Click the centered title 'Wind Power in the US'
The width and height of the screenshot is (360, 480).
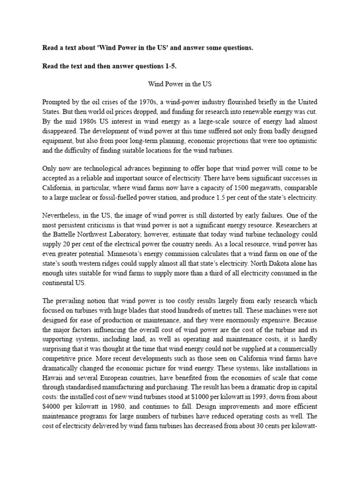click(180, 85)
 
